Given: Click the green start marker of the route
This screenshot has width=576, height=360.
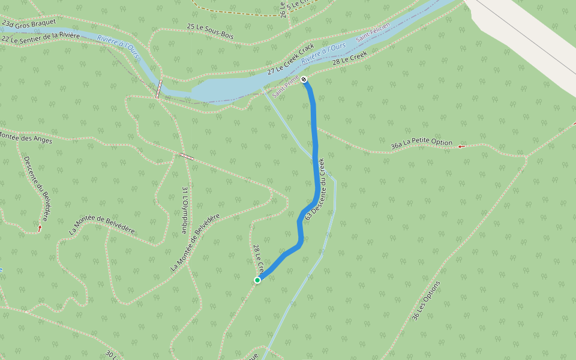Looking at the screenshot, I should (257, 280).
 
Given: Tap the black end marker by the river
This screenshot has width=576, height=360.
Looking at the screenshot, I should (304, 80).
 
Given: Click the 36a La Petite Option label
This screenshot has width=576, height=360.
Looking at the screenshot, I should (421, 143).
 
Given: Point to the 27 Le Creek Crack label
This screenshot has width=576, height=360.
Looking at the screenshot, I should (291, 59).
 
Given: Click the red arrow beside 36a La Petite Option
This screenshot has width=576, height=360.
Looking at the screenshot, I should (461, 146).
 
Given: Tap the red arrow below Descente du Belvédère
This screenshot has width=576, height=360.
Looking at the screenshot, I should (40, 228).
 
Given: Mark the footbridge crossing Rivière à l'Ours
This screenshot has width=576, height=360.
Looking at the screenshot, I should (159, 89).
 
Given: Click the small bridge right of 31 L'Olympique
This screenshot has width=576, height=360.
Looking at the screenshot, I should (186, 157).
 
